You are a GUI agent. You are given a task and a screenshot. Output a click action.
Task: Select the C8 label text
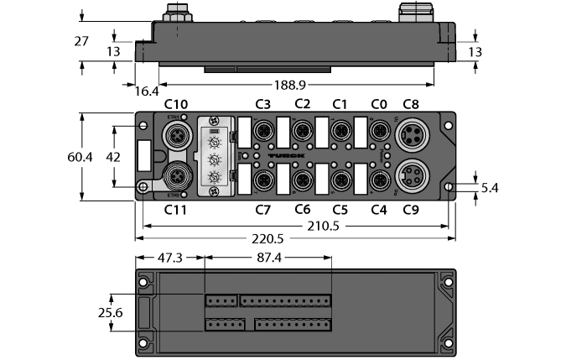[411, 104]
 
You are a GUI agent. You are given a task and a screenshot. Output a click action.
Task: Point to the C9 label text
[411, 209]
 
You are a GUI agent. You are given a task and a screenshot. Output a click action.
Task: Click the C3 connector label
[262, 104]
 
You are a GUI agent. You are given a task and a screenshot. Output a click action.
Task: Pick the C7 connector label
[262, 209]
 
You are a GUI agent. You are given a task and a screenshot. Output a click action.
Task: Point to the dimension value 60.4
[62, 157]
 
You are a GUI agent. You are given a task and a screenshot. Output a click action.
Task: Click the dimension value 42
[100, 157]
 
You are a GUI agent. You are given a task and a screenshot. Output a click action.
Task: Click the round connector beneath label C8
[411, 135]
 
